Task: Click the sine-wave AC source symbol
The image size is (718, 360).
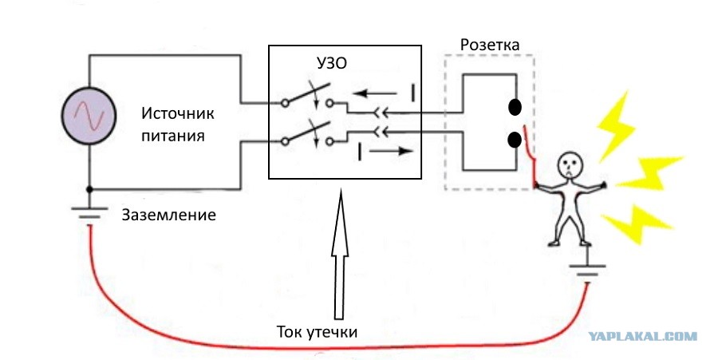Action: pos(89,116)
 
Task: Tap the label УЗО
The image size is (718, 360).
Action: pos(332,64)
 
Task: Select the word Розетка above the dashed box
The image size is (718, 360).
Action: pos(490,45)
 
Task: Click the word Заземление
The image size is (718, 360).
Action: pos(168,215)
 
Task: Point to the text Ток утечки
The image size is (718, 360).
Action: pos(317,331)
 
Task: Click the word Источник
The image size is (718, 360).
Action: pos(178,113)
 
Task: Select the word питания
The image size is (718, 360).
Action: pos(172,136)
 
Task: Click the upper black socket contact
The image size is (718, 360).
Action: pos(515,108)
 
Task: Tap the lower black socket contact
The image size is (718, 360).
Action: pos(515,140)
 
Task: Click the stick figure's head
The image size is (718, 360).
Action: pos(569,165)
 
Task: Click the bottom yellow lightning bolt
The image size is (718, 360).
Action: pos(637,224)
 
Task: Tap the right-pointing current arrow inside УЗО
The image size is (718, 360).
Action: pos(392,151)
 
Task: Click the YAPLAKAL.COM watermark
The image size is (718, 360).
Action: pos(642,337)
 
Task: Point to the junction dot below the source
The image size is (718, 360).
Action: pos(89,189)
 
